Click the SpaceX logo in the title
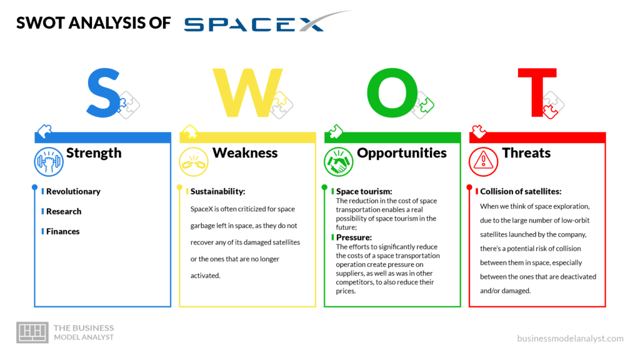click(x=262, y=22)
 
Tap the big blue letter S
click(x=103, y=94)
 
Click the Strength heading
click(x=94, y=153)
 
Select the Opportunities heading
click(x=402, y=153)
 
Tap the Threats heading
click(x=526, y=153)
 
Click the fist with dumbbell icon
click(x=49, y=162)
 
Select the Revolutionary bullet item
click(x=73, y=191)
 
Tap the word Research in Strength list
click(x=64, y=211)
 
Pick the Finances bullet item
click(x=63, y=231)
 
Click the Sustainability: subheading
click(x=217, y=191)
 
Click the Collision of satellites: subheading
click(x=521, y=191)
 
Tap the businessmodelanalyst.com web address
click(x=570, y=338)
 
